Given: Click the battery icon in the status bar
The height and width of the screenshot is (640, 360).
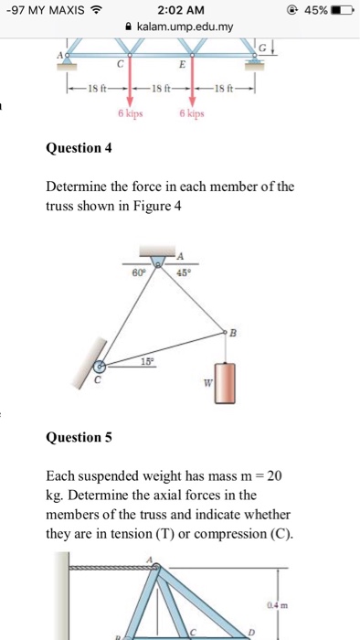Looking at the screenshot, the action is click(341, 9).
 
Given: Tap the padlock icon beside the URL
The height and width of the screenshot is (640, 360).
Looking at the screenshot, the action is click(129, 27).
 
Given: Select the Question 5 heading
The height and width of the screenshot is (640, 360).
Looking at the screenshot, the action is click(79, 437).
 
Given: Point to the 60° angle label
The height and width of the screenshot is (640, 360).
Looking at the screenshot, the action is click(139, 272).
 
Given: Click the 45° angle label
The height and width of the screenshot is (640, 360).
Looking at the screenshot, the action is click(185, 271).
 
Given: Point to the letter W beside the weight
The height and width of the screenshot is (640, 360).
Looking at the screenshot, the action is click(206, 382).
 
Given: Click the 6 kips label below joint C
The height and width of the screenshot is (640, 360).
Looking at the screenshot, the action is click(129, 115).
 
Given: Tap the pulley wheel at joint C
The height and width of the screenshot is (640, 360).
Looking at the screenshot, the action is click(102, 368).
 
